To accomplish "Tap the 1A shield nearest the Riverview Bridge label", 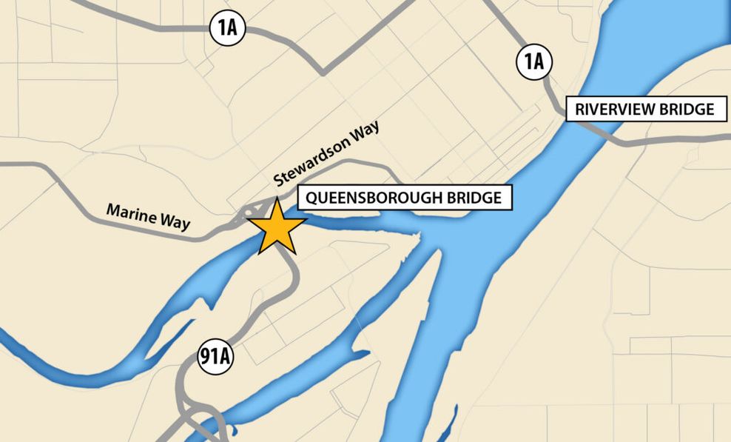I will (533, 61).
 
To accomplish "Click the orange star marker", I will (276, 227).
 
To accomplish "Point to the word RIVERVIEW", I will (610, 110).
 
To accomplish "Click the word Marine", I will (131, 212).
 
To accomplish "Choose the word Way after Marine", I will (175, 223).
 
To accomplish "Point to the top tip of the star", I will (277, 198).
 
